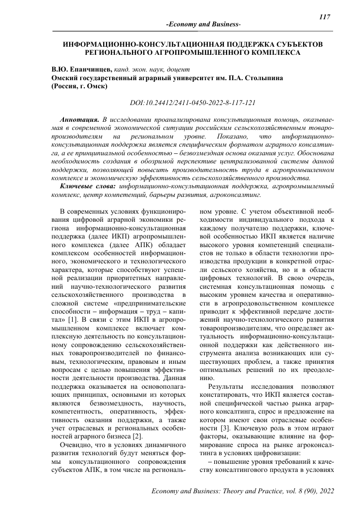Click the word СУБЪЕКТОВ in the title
(298, 45)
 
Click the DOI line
(192, 102)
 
